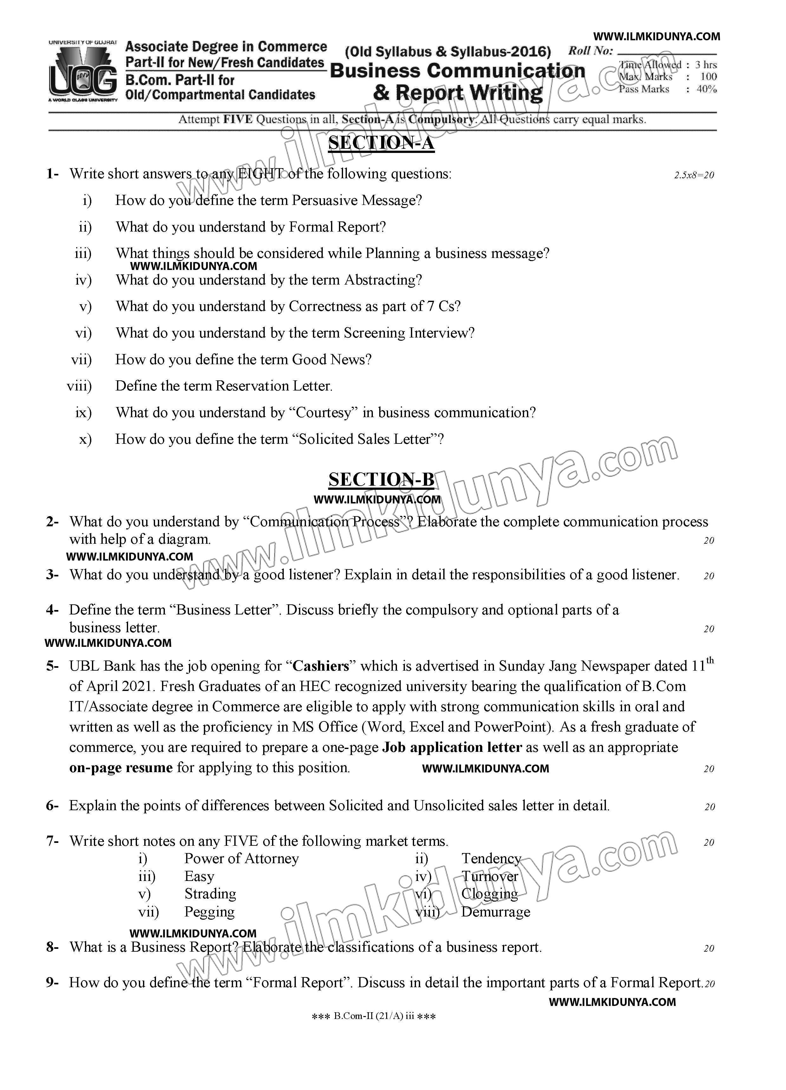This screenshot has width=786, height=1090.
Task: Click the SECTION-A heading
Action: point(381,143)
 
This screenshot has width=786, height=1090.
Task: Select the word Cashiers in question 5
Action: point(321,666)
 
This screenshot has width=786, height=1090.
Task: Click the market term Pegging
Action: point(210,912)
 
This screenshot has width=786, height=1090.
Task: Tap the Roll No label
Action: point(590,51)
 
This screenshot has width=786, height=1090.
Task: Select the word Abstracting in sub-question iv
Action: point(383,280)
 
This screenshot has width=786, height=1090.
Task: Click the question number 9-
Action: point(52,982)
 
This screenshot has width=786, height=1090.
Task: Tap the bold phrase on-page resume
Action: point(121,767)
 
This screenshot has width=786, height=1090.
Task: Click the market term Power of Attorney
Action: point(241,858)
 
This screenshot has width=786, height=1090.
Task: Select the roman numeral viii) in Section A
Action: point(79,386)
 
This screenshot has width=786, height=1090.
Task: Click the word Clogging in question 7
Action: point(490,894)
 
